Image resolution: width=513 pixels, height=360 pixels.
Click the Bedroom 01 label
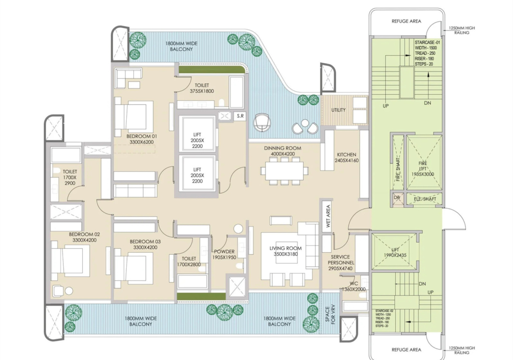[x=130, y=139]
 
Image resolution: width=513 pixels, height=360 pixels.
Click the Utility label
[x=339, y=110]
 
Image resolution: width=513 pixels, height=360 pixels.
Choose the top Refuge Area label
[x=406, y=22]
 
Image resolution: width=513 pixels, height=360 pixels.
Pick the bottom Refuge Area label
[x=406, y=350]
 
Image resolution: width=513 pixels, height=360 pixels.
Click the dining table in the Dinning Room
[x=284, y=171]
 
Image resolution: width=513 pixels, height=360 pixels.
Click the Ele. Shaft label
[x=426, y=199]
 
